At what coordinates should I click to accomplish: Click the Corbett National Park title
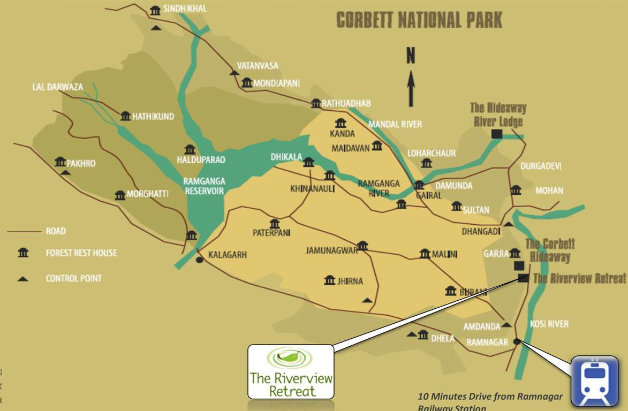(x=419, y=20)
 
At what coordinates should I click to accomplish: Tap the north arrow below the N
(x=411, y=88)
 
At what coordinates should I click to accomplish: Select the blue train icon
(x=594, y=381)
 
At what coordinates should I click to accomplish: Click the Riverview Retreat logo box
(x=291, y=371)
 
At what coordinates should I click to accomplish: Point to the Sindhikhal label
(x=185, y=9)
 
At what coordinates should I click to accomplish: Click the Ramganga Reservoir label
(x=204, y=186)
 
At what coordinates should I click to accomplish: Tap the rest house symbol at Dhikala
(x=308, y=162)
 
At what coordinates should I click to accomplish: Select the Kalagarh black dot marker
(x=199, y=260)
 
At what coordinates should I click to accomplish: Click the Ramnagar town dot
(x=516, y=341)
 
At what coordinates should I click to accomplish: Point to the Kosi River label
(x=549, y=324)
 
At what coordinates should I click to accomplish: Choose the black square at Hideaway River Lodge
(x=496, y=134)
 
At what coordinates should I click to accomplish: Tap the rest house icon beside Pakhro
(x=60, y=162)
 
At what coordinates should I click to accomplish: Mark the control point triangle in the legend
(x=23, y=278)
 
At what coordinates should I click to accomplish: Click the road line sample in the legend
(x=24, y=232)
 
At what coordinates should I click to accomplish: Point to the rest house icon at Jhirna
(x=330, y=280)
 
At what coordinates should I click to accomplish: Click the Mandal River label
(x=395, y=124)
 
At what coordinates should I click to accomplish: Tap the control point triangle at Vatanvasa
(x=233, y=72)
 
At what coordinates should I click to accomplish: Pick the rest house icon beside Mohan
(x=516, y=190)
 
